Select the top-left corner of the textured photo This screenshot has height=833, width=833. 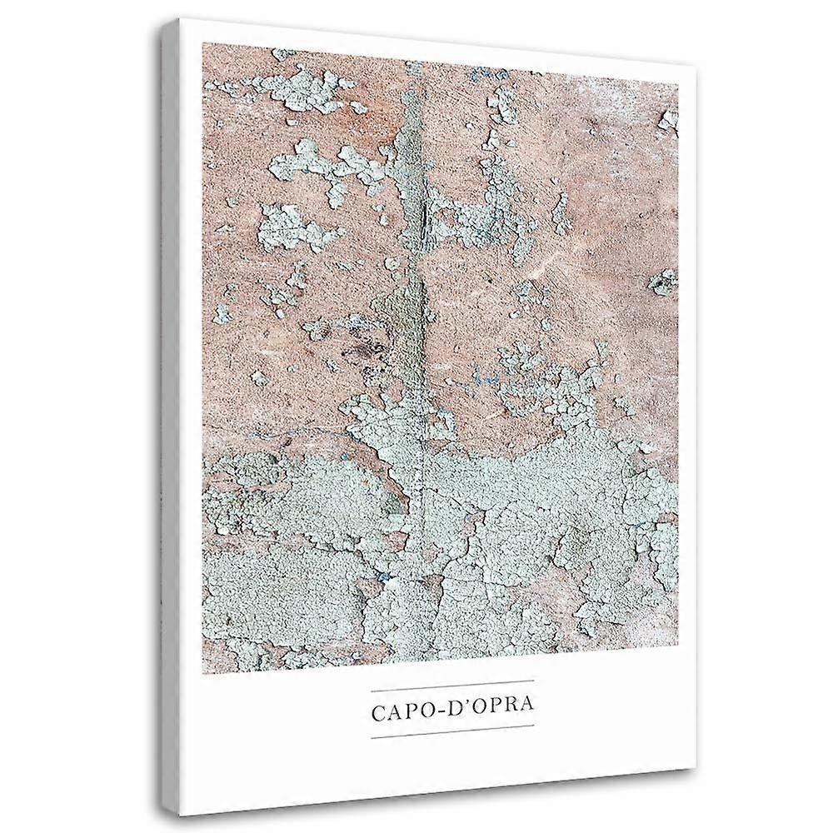coord(202,42)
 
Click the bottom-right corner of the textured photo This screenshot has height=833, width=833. coord(679,673)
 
